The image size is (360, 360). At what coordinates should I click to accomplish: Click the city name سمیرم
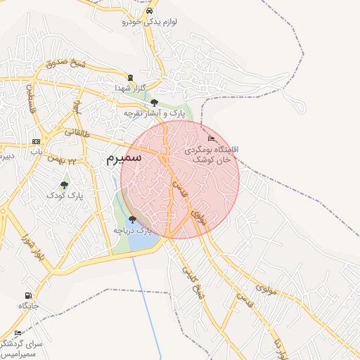pos(124,158)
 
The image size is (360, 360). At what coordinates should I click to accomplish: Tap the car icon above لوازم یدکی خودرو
pos(148,11)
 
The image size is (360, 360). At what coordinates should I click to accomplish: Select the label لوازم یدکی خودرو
pos(150,22)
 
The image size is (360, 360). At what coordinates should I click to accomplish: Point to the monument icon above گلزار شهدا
pos(129,77)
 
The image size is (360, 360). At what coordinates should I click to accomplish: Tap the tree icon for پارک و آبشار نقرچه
pos(154,103)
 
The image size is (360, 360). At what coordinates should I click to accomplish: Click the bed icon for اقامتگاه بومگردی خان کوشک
pos(212,138)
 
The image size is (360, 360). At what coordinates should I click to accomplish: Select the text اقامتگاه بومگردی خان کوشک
pos(211,155)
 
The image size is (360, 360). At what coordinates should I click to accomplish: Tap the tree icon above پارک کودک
pos(65,185)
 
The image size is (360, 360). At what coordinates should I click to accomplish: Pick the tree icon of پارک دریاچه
pos(132,219)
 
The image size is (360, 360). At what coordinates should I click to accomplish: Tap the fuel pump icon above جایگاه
pos(27,295)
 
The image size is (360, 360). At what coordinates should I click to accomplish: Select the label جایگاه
pos(27,306)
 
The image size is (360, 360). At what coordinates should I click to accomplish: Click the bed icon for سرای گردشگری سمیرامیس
pos(18,333)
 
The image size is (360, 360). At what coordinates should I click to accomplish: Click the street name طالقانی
pos(77,131)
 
